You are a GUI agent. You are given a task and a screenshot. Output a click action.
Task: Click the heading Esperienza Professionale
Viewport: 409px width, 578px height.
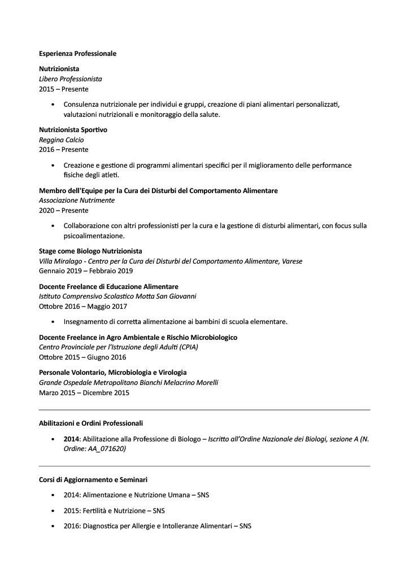pyautogui.click(x=77, y=54)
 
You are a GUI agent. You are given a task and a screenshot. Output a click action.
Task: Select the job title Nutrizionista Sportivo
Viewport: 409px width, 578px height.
pyautogui.click(x=73, y=130)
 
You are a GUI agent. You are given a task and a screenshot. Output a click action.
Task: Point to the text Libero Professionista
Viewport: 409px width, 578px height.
pyautogui.click(x=71, y=79)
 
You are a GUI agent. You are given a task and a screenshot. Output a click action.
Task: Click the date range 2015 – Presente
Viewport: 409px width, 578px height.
pyautogui.click(x=64, y=89)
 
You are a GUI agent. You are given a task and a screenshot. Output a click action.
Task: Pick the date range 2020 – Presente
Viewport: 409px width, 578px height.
pyautogui.click(x=64, y=211)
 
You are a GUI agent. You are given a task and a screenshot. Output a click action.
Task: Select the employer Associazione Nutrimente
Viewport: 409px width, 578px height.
pyautogui.click(x=77, y=200)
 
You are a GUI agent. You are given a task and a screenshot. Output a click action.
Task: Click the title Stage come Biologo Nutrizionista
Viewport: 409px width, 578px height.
pyautogui.click(x=90, y=251)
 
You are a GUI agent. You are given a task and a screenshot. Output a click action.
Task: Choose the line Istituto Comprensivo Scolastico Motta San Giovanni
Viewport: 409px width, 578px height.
pyautogui.click(x=118, y=296)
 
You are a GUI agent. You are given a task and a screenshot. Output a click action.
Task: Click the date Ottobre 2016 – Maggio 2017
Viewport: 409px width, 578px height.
pyautogui.click(x=83, y=306)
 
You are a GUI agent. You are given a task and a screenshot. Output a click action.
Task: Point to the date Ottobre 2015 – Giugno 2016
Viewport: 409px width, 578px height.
pyautogui.click(x=82, y=357)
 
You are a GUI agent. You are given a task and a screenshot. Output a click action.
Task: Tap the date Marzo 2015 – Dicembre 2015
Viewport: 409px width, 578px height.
pyautogui.click(x=84, y=393)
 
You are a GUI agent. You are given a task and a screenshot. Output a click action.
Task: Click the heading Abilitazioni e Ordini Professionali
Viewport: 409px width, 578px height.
pyautogui.click(x=91, y=423)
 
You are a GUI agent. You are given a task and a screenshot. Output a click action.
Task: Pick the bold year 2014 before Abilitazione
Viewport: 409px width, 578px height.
pyautogui.click(x=71, y=439)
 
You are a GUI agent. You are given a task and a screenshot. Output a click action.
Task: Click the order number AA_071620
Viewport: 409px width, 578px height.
pyautogui.click(x=107, y=449)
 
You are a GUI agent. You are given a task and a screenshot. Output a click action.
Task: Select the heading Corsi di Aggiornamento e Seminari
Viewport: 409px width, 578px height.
pyautogui.click(x=93, y=480)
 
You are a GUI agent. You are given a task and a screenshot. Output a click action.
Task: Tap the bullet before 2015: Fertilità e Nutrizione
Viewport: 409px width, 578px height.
pyautogui.click(x=53, y=511)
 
